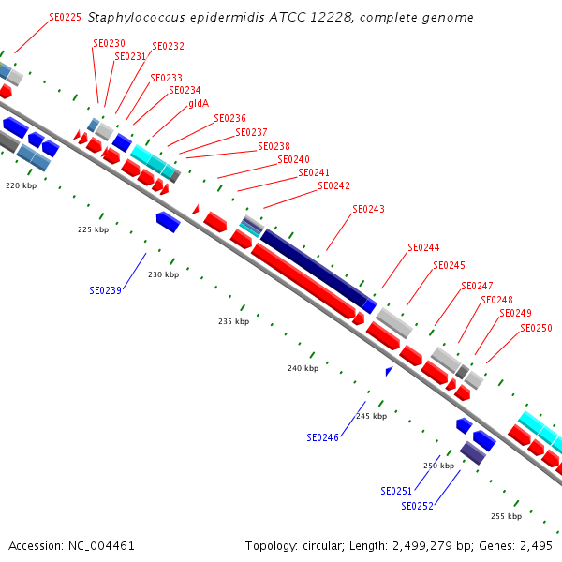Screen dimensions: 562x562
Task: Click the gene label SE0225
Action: coord(65,17)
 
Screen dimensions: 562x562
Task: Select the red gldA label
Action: coord(199,104)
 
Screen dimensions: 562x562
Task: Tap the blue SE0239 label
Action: coord(105,290)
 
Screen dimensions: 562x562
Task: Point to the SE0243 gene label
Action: coord(368,209)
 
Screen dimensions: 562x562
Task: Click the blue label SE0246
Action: coord(322,437)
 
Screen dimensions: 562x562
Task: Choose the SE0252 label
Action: coord(417,506)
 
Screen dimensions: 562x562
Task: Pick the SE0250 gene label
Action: coord(536,328)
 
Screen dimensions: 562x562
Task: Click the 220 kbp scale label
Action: coord(22,185)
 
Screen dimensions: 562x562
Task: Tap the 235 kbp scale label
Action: coord(233,321)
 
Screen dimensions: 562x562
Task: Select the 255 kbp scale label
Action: coord(507,516)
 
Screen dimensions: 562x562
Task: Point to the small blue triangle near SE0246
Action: coord(389,371)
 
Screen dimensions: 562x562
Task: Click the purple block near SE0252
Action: coord(473,453)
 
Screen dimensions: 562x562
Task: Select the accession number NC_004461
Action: coord(101,546)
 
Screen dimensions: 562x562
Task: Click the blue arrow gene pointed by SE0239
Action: coord(168,222)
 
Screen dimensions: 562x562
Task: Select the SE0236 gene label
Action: coord(229,118)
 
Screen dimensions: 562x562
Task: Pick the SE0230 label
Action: coord(109,43)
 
